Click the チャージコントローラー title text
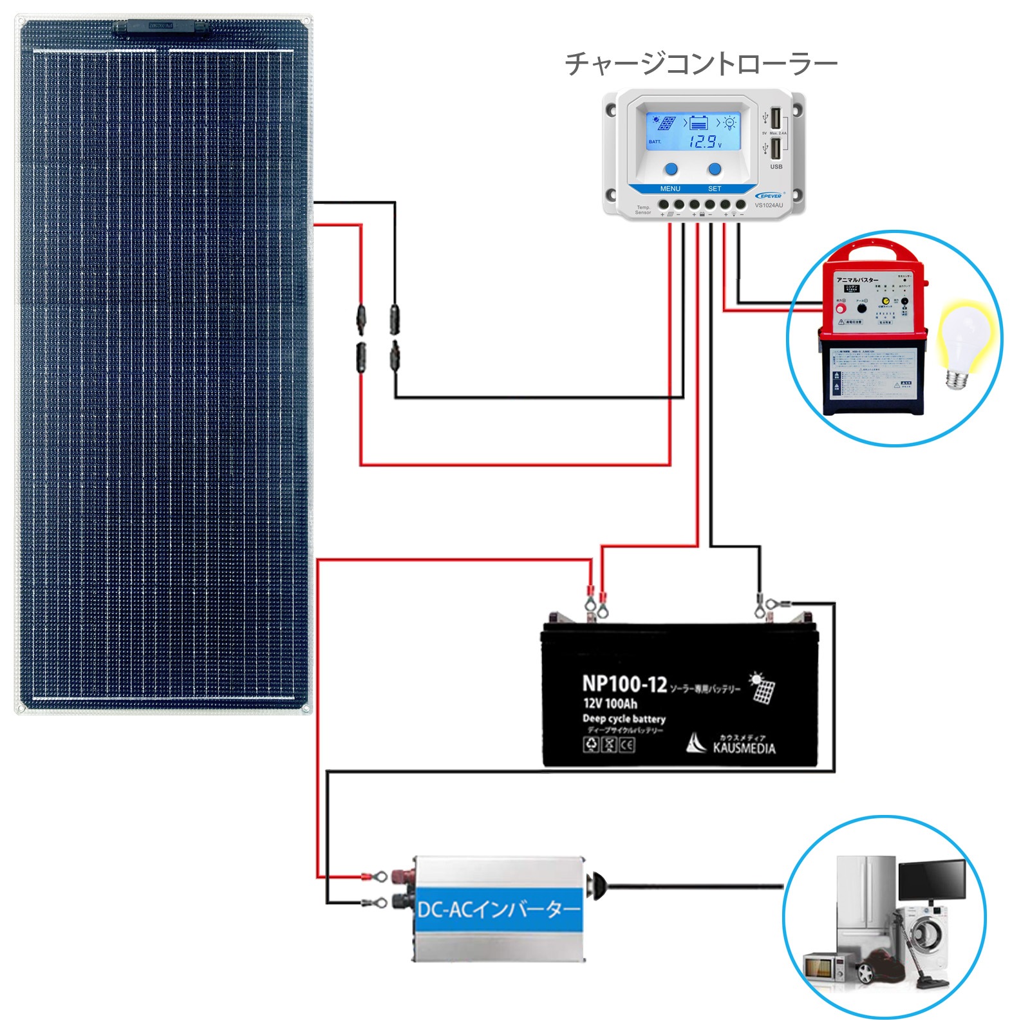click(700, 64)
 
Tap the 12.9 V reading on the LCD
click(704, 142)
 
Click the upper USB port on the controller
click(776, 118)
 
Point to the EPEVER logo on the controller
click(769, 196)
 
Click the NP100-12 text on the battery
click(624, 684)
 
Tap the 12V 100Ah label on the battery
click(610, 704)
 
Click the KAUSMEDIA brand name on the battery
click(744, 748)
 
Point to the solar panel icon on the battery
click(762, 688)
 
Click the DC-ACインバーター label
click(499, 910)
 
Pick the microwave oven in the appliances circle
click(824, 967)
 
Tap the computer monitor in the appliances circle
click(932, 881)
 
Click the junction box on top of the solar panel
click(161, 27)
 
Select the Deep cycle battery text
click(623, 718)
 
